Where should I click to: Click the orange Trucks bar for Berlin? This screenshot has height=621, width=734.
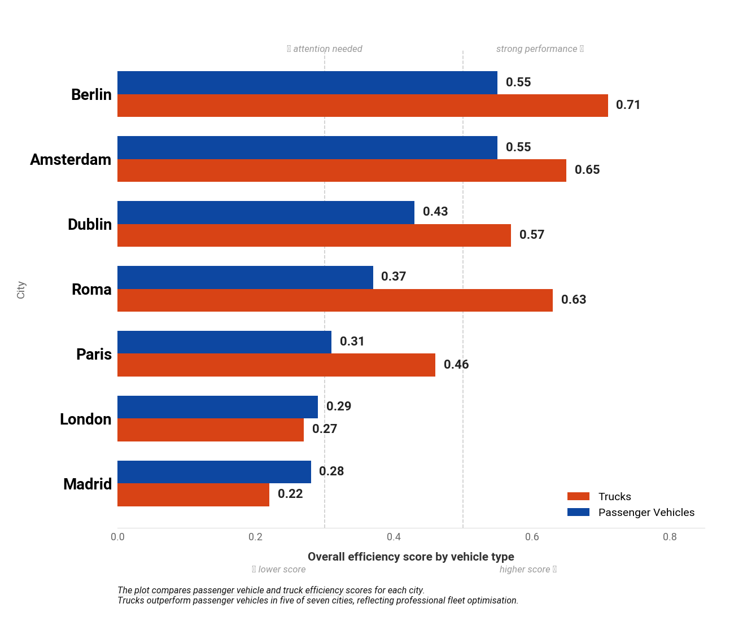pos(362,106)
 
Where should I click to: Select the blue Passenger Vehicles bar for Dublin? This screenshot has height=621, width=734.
pos(266,212)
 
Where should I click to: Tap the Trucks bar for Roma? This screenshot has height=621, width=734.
pos(335,300)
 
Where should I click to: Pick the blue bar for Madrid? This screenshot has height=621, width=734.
pos(214,472)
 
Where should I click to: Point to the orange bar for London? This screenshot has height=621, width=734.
pos(211,430)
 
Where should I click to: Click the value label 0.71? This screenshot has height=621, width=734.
pos(628,105)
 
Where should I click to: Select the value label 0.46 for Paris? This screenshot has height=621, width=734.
pos(456,365)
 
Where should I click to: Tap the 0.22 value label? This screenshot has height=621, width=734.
pos(290,494)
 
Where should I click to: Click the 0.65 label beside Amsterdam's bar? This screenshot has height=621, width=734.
pos(587,170)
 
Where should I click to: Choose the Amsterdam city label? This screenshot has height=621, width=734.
pos(71,160)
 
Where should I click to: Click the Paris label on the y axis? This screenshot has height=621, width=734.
pos(94,355)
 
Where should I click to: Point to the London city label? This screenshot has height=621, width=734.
pos(85,419)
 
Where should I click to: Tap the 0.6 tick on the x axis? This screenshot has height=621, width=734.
pos(532,537)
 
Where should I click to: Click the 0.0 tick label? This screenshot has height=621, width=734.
pos(117,537)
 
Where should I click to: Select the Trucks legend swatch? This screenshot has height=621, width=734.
pos(578,497)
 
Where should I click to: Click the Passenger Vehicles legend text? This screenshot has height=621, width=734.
pos(646,513)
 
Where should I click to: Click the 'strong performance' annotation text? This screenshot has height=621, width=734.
pos(537,49)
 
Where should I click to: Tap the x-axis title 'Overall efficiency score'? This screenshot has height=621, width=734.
pos(410,557)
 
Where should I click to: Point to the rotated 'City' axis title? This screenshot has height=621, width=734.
pos(21,290)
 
